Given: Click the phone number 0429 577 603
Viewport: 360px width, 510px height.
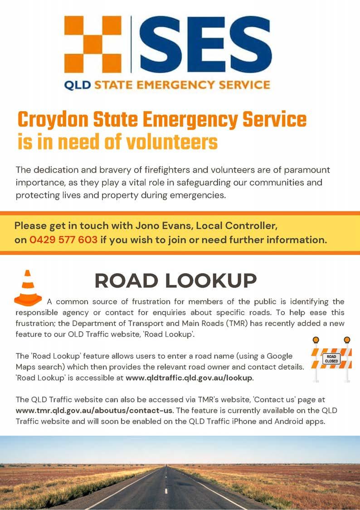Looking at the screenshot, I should coord(63,240).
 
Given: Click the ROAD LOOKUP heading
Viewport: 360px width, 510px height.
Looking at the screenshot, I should coord(175,280).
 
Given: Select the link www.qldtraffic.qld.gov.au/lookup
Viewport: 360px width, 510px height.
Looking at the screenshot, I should coord(189,378).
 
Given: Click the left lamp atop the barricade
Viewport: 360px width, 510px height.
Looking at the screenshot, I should coord(316,340).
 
